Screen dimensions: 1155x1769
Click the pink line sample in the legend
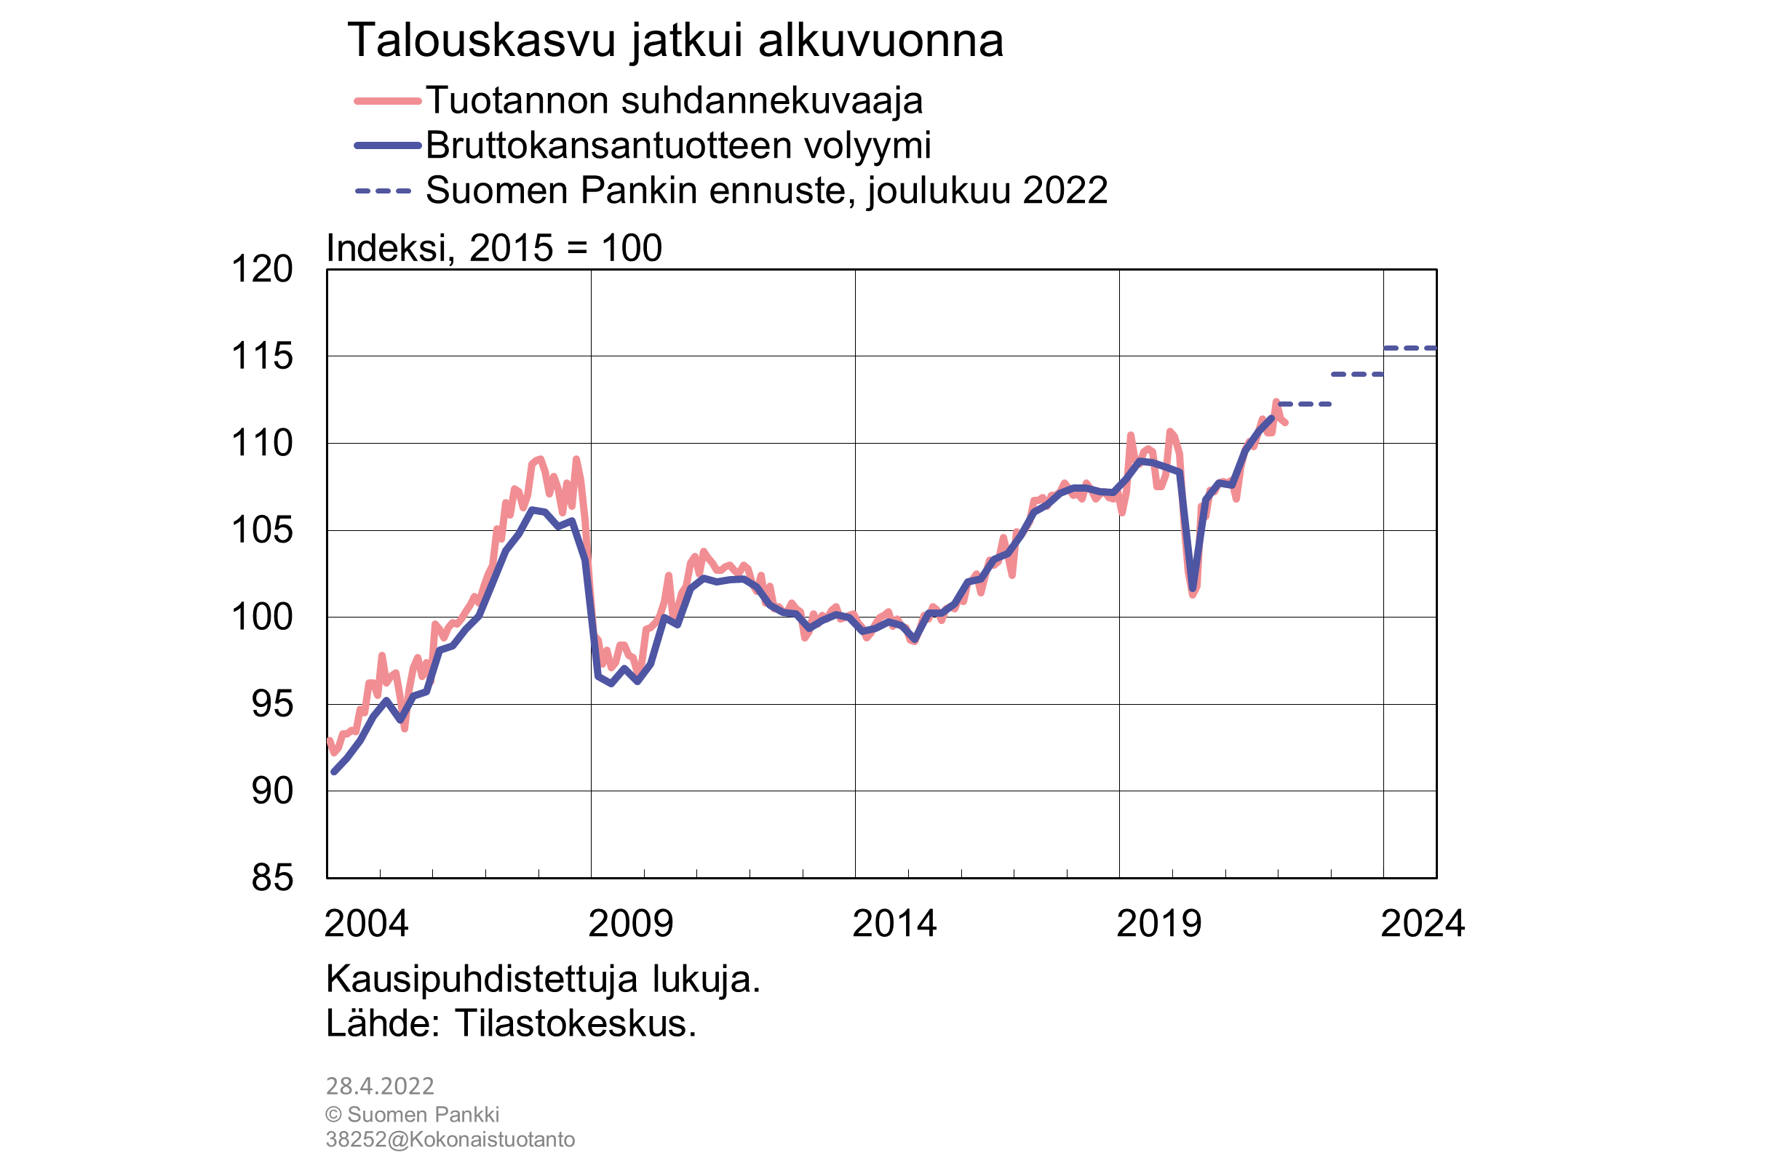coord(387,101)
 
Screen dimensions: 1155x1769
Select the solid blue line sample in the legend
coord(387,145)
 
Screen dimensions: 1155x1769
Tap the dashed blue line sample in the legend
coord(383,191)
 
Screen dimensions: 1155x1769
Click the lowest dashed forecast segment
coord(1305,404)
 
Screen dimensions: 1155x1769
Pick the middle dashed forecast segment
coord(1357,375)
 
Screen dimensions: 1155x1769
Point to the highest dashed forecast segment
coord(1410,348)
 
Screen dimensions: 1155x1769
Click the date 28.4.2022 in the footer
coord(379,1087)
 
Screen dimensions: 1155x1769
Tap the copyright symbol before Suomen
coord(333,1115)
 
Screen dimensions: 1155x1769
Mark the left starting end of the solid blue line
coord(334,772)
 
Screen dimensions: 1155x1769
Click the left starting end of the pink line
coord(329,740)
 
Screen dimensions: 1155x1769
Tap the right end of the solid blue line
coord(1273,418)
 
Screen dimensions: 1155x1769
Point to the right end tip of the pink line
coord(1286,423)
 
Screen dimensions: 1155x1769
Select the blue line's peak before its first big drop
coord(533,510)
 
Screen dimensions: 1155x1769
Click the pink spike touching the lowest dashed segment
coord(1276,401)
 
